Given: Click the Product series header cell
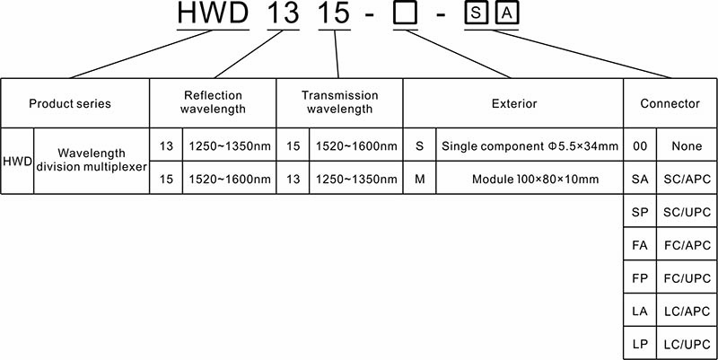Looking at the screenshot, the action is pyautogui.click(x=70, y=103).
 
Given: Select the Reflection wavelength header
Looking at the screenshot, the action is pyautogui.click(x=213, y=102).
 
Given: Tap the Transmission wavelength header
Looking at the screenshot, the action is pyautogui.click(x=339, y=102).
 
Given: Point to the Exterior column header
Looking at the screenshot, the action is pyautogui.click(x=513, y=103).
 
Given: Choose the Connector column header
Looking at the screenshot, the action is pyautogui.click(x=670, y=103).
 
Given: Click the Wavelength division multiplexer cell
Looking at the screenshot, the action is pyautogui.click(x=92, y=160).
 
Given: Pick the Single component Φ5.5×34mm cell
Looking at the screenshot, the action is pyautogui.click(x=530, y=146).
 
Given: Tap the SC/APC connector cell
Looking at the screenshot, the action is pyautogui.click(x=687, y=179).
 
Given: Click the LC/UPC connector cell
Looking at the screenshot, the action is pyautogui.click(x=687, y=345).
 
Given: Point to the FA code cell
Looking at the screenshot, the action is pyautogui.click(x=640, y=245).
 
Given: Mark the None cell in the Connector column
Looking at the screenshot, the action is pyautogui.click(x=687, y=146).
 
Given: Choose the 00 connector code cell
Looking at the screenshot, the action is pyautogui.click(x=640, y=146).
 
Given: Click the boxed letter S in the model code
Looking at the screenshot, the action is pyautogui.click(x=477, y=13).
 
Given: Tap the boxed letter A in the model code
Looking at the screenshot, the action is pyautogui.click(x=506, y=13).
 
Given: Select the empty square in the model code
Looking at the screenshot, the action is pyautogui.click(x=406, y=13).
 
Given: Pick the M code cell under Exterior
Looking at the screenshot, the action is pyautogui.click(x=419, y=179).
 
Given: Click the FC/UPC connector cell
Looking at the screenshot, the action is pyautogui.click(x=687, y=278).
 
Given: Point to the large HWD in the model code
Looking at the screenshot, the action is pyautogui.click(x=213, y=13).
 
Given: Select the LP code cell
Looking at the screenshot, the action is pyautogui.click(x=640, y=345).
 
